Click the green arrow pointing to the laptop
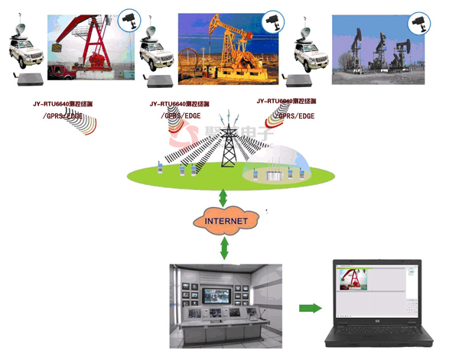[309, 308]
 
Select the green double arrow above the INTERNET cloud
[223, 197]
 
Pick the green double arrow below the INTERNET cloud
[224, 247]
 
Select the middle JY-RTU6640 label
[180, 102]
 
